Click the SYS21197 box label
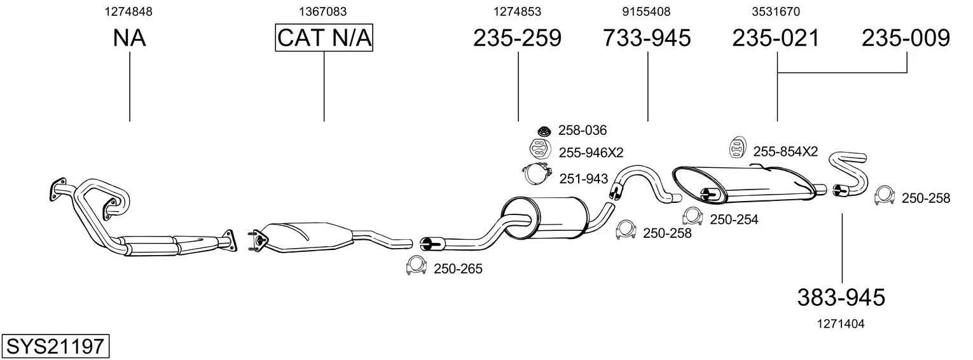(x=55, y=347)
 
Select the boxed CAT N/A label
(x=324, y=38)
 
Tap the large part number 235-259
(x=517, y=38)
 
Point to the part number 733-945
(x=647, y=38)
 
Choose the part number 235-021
(x=776, y=38)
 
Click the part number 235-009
(x=906, y=38)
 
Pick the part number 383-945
(x=841, y=296)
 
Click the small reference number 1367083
(x=323, y=11)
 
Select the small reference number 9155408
(x=646, y=11)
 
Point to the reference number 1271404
(x=841, y=323)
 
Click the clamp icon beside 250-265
(x=416, y=267)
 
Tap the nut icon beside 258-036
(x=543, y=130)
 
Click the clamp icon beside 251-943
(x=537, y=174)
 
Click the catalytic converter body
(x=308, y=236)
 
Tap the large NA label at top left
(x=129, y=38)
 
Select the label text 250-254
(x=734, y=219)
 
